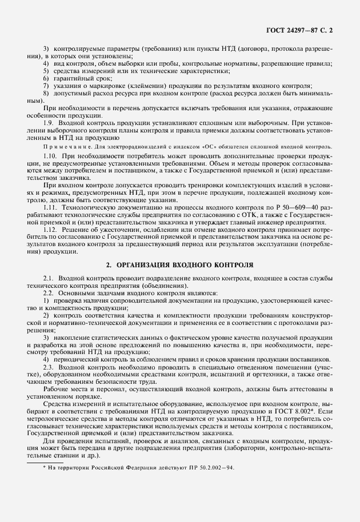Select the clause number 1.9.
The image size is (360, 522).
point(49,122)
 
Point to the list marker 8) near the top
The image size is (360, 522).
point(45,91)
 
